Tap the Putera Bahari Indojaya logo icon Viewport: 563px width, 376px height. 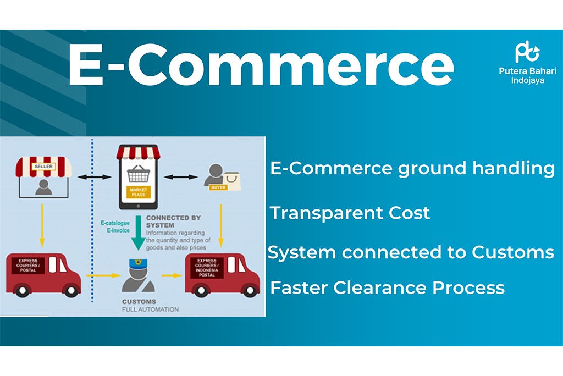(x=527, y=52)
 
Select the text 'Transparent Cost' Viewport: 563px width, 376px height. (x=350, y=213)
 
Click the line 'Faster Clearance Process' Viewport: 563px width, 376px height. (x=387, y=287)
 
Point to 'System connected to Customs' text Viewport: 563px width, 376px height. (x=411, y=252)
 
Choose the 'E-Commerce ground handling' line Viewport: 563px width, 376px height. (x=412, y=168)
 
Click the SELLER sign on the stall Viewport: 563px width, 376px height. (x=43, y=166)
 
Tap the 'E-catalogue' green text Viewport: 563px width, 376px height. (x=114, y=223)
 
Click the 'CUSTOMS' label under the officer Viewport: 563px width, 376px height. (x=139, y=302)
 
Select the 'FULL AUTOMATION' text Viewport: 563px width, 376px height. (x=150, y=309)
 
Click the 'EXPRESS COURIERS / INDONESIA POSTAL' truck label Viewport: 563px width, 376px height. (x=207, y=268)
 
